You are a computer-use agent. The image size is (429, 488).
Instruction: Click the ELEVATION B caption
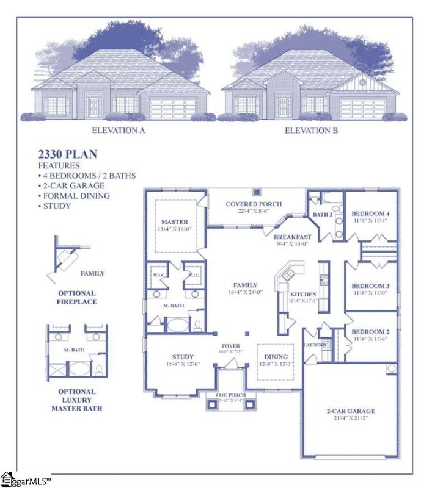[x=312, y=130]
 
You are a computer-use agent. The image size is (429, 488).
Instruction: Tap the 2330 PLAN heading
[x=68, y=155]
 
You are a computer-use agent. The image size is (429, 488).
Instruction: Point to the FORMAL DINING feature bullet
[x=76, y=196]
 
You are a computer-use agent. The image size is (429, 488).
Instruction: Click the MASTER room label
[x=174, y=221]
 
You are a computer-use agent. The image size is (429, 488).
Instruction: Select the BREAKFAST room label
[x=292, y=237]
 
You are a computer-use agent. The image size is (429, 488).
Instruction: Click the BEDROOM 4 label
[x=370, y=213]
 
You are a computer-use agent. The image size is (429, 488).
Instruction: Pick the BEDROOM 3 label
[x=370, y=285]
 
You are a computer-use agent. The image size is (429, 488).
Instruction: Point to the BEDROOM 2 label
[x=370, y=332]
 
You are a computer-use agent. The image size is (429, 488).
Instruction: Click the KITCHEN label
[x=303, y=294]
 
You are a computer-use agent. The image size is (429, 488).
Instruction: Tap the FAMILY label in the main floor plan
[x=245, y=285]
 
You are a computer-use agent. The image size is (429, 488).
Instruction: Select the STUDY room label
[x=183, y=357]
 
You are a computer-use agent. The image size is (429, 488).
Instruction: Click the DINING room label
[x=274, y=356]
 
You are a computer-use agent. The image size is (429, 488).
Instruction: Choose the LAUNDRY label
[x=315, y=345]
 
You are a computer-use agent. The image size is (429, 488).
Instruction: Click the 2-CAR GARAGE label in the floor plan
[x=350, y=411]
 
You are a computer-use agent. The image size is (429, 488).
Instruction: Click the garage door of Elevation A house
[x=174, y=109]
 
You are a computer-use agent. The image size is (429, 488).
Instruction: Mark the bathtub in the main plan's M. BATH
[x=178, y=325]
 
